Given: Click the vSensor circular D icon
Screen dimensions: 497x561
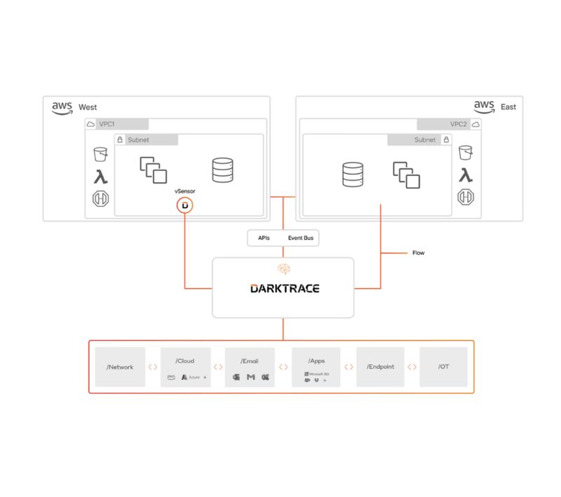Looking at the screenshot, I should [x=184, y=205].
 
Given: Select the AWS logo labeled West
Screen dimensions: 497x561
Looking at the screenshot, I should [x=62, y=107].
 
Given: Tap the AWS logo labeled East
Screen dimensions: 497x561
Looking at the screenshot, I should [x=484, y=107].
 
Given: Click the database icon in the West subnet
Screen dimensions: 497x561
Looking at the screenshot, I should [x=222, y=170].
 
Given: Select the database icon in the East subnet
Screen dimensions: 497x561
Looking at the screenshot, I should [x=352, y=175].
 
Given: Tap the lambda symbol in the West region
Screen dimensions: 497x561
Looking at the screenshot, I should [x=101, y=176].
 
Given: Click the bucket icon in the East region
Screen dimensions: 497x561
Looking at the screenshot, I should [x=465, y=153].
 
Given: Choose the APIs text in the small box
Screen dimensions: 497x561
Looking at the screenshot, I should [x=264, y=238].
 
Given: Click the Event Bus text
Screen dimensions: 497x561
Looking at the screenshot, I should [x=301, y=238].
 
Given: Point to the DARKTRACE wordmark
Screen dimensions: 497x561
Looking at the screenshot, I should [x=284, y=288].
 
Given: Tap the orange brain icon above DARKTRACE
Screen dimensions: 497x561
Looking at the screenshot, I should [x=284, y=268].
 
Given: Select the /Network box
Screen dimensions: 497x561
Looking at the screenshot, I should [x=120, y=367].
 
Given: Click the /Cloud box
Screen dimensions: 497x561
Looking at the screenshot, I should [x=185, y=367].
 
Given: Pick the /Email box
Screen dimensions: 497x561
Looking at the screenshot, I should [x=250, y=367].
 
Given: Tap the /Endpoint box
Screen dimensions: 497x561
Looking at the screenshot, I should [x=380, y=367].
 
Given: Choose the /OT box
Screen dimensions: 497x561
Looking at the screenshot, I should [x=443, y=367].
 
